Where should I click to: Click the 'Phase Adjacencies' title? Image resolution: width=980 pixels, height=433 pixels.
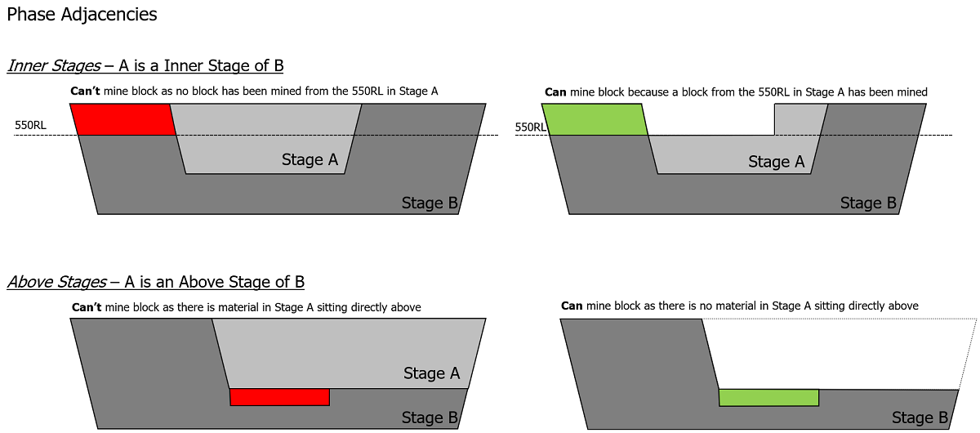82,15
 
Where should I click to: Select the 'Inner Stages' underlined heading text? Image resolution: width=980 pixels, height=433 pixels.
54,66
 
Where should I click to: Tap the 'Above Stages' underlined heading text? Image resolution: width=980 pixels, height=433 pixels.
56,283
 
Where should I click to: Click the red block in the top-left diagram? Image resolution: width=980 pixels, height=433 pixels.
123,119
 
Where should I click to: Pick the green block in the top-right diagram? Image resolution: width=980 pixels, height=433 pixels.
595,119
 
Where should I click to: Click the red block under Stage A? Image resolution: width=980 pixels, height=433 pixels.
279,397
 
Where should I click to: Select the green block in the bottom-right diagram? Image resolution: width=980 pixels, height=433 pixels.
768,398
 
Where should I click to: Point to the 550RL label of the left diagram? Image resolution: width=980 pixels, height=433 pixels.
31,127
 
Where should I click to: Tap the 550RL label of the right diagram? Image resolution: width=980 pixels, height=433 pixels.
531,127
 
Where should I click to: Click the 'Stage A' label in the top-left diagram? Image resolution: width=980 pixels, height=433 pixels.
310,160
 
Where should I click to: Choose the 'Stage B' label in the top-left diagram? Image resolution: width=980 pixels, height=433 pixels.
430,203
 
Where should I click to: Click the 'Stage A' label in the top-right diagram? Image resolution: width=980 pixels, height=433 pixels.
776,163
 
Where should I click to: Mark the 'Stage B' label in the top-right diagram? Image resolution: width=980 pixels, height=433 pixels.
868,203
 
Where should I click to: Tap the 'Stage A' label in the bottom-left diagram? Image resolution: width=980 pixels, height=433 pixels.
431,374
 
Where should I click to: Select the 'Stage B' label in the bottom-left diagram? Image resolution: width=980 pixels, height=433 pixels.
430,418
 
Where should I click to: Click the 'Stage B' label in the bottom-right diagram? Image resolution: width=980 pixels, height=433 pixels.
919,418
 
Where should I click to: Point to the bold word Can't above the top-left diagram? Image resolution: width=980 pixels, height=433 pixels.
85,92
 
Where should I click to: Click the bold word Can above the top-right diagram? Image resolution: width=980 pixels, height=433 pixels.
555,92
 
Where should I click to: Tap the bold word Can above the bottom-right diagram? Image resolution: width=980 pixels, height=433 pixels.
572,306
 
